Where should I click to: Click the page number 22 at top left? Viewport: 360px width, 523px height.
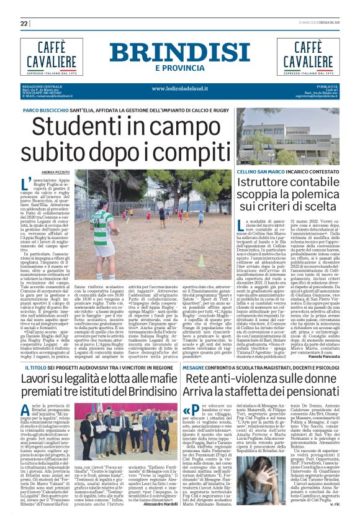pyautogui.click(x=24, y=24)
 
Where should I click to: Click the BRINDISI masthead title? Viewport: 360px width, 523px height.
pyautogui.click(x=180, y=53)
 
